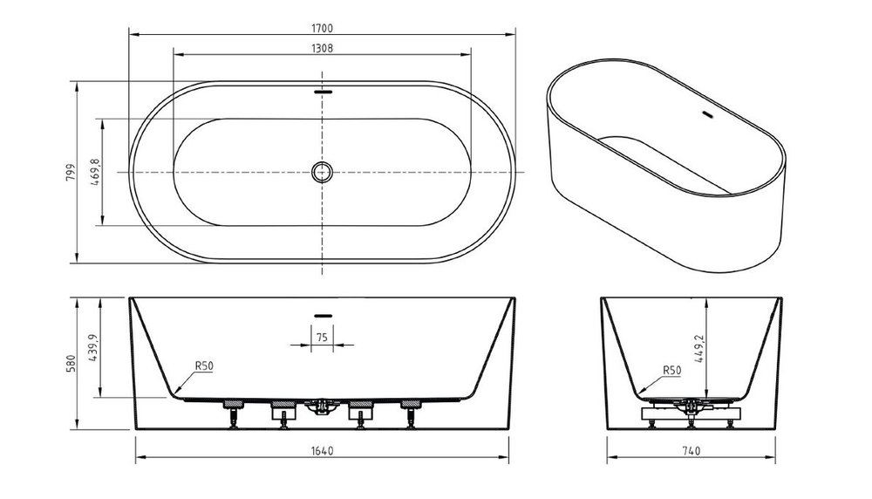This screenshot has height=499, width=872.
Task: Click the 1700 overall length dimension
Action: tap(322, 29)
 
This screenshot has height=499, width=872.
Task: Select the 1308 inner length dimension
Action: tap(322, 48)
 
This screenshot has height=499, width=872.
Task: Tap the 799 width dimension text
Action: tap(71, 173)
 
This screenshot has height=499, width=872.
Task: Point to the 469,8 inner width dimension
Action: tap(94, 172)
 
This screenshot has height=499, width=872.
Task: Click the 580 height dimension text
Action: tap(71, 364)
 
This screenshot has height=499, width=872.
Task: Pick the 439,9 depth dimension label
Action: tap(93, 348)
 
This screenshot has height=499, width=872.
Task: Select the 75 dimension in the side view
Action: tap(322, 337)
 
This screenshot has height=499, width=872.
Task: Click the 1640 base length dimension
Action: tap(322, 451)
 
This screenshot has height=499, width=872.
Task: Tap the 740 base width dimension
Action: tap(691, 451)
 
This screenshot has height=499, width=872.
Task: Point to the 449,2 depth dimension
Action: tap(699, 349)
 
